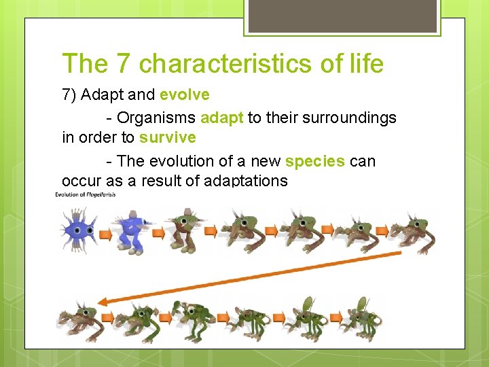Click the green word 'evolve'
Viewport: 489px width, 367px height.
pyautogui.click(x=184, y=94)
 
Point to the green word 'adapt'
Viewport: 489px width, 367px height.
pyautogui.click(x=222, y=118)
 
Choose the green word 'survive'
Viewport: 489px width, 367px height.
pyautogui.click(x=167, y=137)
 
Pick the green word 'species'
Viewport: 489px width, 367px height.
pyautogui.click(x=314, y=161)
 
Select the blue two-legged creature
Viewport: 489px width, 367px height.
pyautogui.click(x=131, y=231)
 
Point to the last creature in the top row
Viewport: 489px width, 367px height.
pyautogui.click(x=414, y=232)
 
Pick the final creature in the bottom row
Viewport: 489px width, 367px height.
pyautogui.click(x=363, y=316)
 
